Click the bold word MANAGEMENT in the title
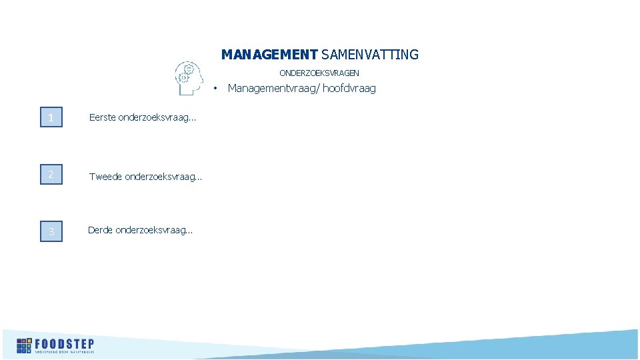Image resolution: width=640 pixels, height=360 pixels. point(269,55)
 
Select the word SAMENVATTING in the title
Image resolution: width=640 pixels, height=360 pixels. point(370,55)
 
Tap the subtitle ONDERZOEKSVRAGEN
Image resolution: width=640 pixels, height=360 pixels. point(319,73)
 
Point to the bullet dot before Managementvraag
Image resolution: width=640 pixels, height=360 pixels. point(215,89)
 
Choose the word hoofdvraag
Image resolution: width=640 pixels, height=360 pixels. point(349,88)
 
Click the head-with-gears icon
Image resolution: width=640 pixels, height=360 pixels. point(188,78)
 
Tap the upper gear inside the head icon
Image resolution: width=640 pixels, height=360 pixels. point(189,69)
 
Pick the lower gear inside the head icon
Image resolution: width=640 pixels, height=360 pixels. point(184,77)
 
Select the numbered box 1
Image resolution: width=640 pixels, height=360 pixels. point(51,118)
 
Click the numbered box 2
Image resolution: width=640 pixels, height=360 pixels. point(51,175)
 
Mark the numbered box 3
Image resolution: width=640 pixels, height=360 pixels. point(51,231)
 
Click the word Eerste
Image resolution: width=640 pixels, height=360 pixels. point(103,118)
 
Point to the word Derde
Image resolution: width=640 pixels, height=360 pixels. point(101,231)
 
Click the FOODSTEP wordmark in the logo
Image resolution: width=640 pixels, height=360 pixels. point(65,343)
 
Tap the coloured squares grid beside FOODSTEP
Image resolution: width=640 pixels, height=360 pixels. point(24,345)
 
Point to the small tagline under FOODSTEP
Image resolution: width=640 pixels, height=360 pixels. point(65,351)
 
